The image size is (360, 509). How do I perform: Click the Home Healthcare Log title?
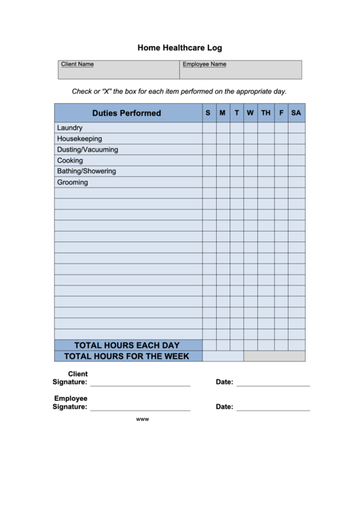(179, 48)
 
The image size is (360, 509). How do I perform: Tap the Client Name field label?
(77, 65)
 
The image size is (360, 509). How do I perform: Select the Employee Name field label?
(204, 65)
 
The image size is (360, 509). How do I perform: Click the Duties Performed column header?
(127, 113)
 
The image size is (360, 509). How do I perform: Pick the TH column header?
(266, 113)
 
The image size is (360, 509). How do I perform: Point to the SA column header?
(296, 113)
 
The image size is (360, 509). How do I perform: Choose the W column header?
(251, 113)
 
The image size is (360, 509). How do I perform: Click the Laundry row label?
(70, 128)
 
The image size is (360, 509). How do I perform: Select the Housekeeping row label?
(79, 139)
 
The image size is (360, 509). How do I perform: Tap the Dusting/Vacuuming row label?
(88, 150)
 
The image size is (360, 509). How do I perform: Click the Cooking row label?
(70, 160)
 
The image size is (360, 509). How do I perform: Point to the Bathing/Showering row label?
(86, 171)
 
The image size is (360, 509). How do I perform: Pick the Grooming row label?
(73, 182)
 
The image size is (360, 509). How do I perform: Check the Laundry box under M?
(223, 128)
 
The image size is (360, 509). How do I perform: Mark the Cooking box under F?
(281, 160)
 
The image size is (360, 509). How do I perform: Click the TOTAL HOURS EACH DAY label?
(127, 345)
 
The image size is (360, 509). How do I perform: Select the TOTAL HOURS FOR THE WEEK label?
(127, 356)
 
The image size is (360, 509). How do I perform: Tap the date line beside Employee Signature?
(273, 409)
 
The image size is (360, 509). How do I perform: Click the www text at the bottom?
(143, 419)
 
